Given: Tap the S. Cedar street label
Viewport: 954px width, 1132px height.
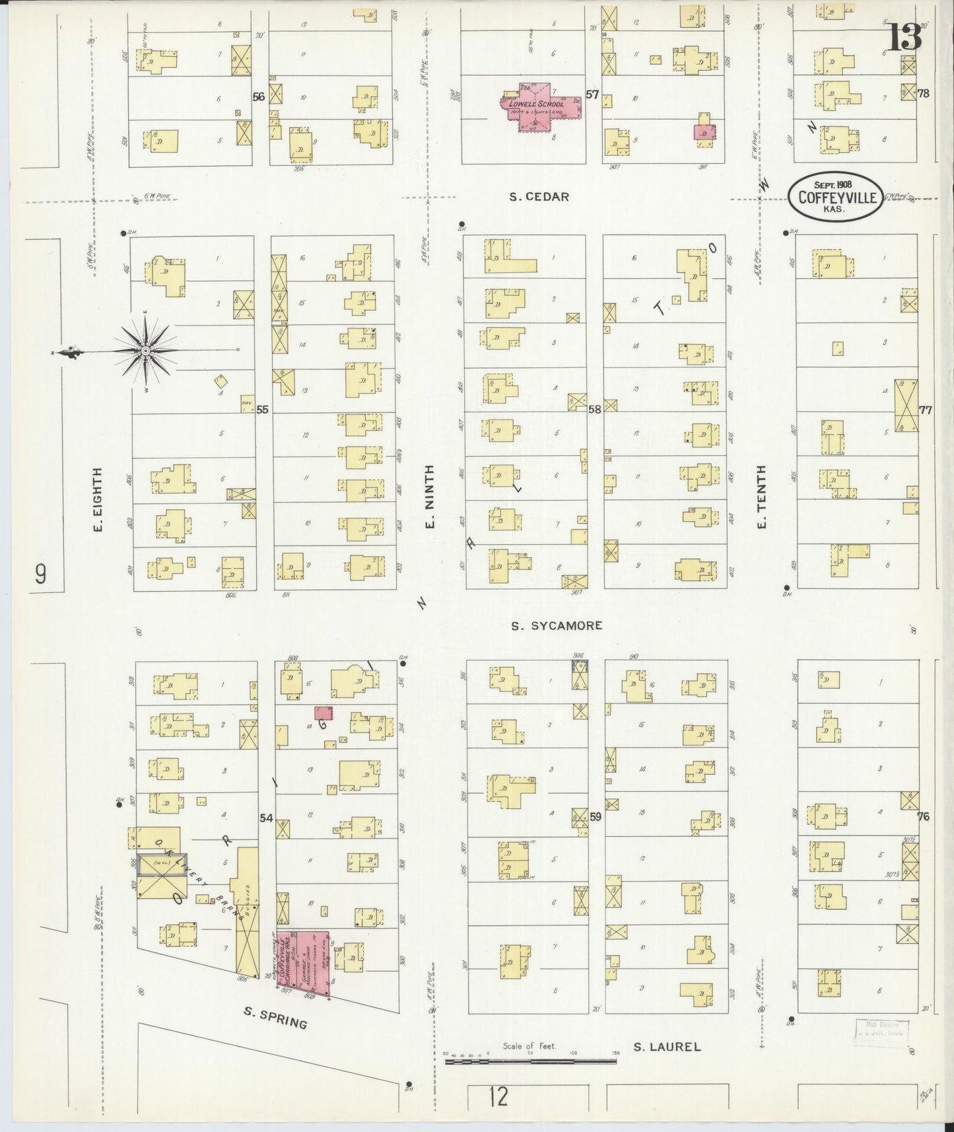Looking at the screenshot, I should click(539, 197).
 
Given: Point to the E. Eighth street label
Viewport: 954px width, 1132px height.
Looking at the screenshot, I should click(98, 500).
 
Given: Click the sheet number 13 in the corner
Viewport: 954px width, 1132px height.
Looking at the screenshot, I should click(903, 38).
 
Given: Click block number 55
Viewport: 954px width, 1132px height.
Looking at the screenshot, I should click(262, 409).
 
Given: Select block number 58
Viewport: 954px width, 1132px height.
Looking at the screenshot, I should click(594, 409).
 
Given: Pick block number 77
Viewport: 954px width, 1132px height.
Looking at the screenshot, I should click(925, 410).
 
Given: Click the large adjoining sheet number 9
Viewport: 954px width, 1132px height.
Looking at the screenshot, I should click(41, 575).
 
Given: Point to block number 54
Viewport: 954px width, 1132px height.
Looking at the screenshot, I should click(266, 818).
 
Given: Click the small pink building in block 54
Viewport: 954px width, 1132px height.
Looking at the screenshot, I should click(323, 713).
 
